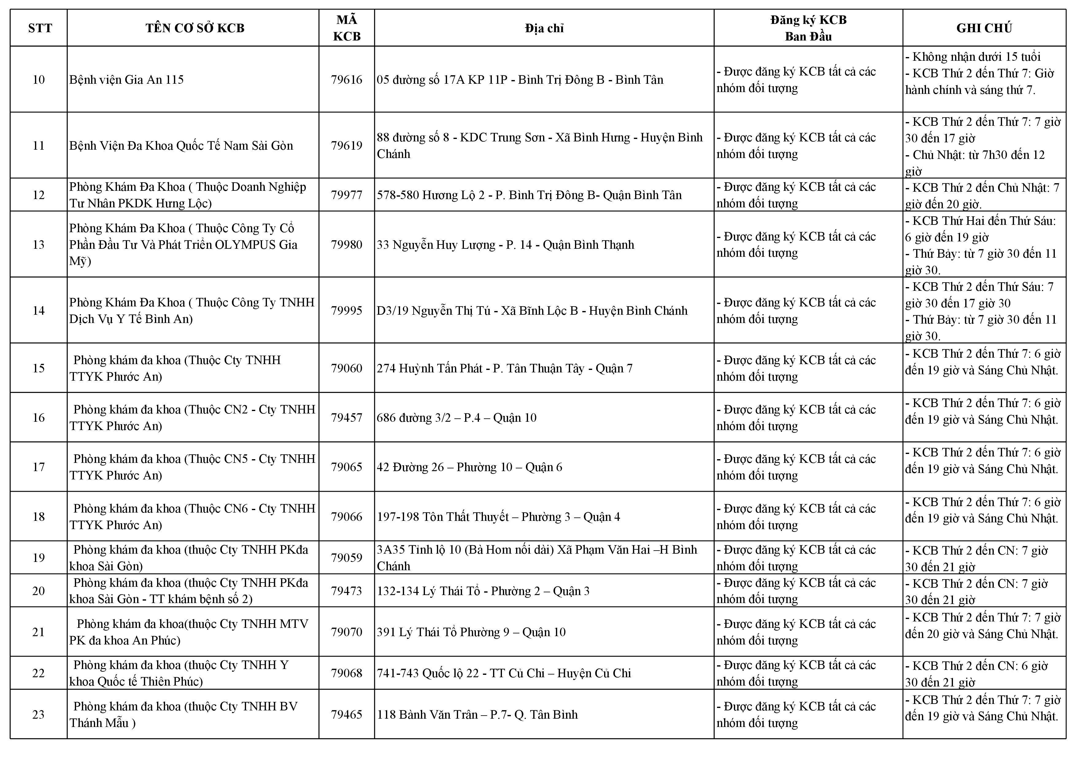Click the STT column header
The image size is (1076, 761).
(x=40, y=28)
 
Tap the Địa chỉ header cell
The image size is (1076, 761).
(x=544, y=29)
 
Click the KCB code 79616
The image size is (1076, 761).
(x=346, y=80)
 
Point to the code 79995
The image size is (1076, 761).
(x=346, y=311)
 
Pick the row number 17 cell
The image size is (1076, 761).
(x=38, y=467)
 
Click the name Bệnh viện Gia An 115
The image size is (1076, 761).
(x=126, y=80)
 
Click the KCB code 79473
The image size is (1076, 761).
(x=346, y=591)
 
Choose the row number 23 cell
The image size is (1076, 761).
(x=38, y=715)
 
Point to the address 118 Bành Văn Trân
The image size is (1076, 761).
(x=477, y=715)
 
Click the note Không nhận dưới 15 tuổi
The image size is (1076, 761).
(x=972, y=57)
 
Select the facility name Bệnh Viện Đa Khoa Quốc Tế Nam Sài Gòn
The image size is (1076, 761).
(x=181, y=146)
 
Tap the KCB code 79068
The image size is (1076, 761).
(x=346, y=673)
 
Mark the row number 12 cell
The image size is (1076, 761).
(x=38, y=195)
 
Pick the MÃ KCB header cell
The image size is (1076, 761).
(x=346, y=28)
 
